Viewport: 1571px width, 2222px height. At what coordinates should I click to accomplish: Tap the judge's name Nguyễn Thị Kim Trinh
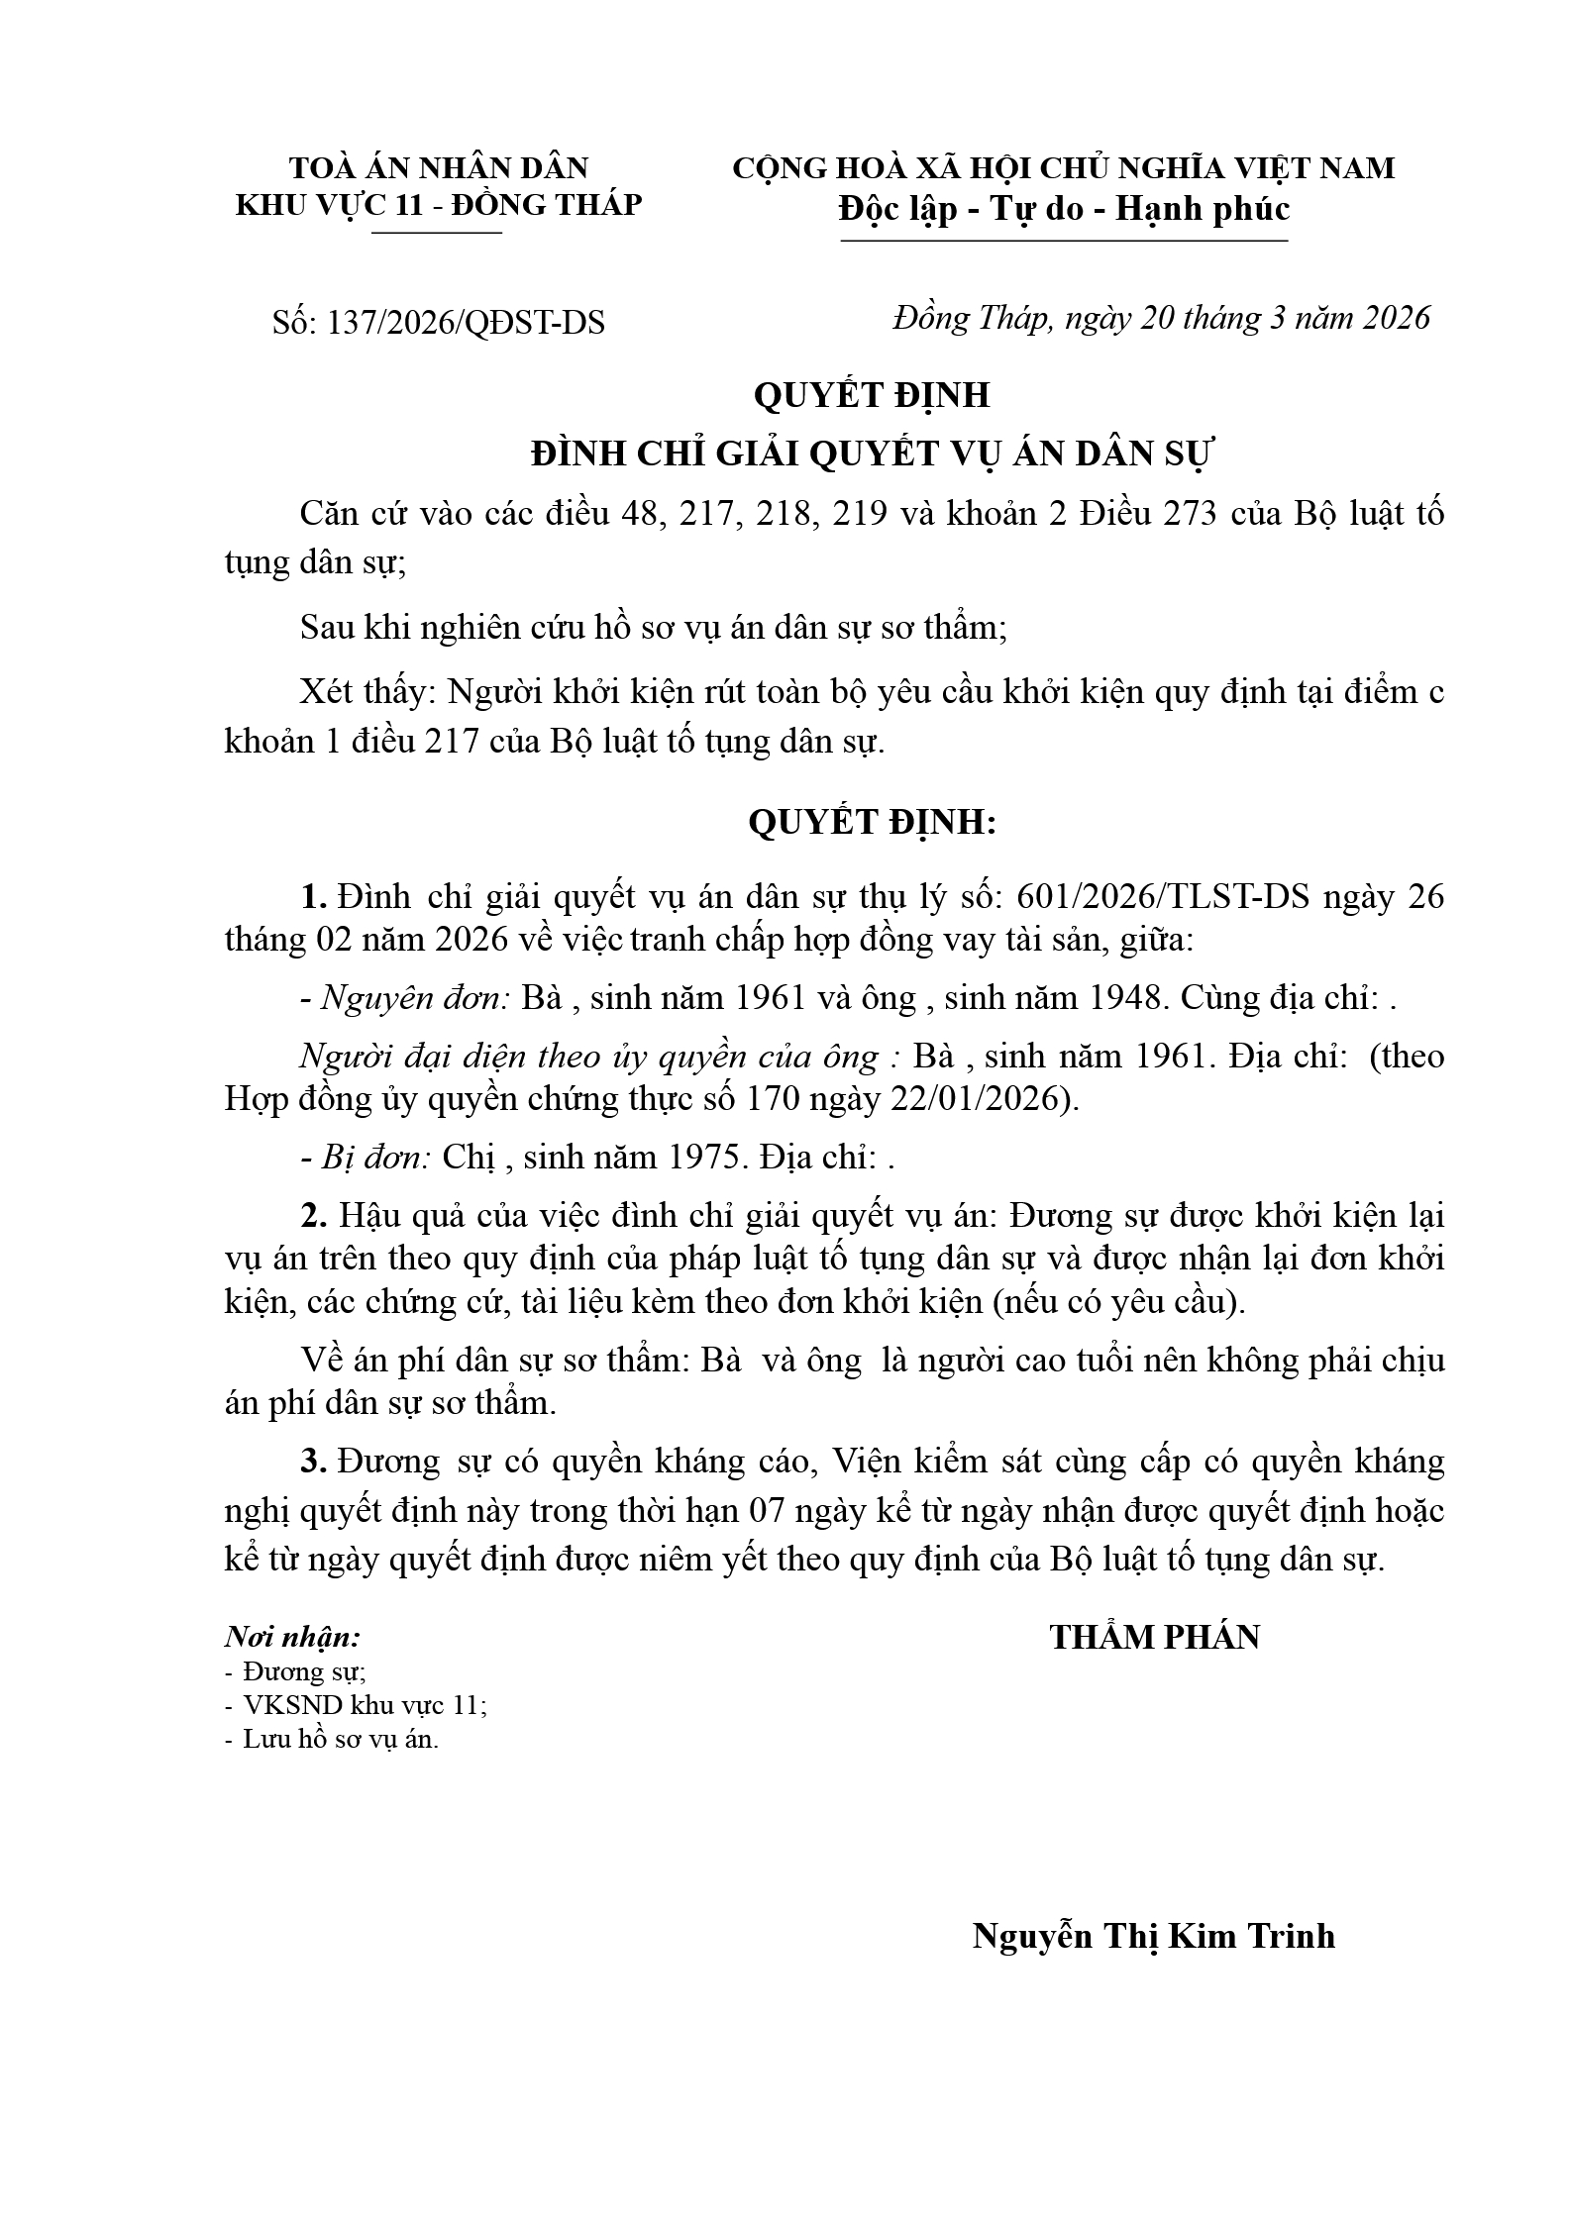(1153, 1935)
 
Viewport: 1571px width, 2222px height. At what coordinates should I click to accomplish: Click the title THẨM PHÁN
(1154, 1638)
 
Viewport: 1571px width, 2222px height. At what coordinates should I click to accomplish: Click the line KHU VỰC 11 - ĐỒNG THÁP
(438, 205)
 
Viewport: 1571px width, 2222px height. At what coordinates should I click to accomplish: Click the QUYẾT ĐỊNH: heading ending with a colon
(872, 822)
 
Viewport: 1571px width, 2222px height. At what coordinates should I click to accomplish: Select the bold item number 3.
(313, 1461)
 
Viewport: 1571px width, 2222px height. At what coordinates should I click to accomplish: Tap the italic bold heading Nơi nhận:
(292, 1637)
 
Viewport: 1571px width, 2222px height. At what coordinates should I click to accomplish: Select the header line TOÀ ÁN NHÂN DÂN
(438, 166)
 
